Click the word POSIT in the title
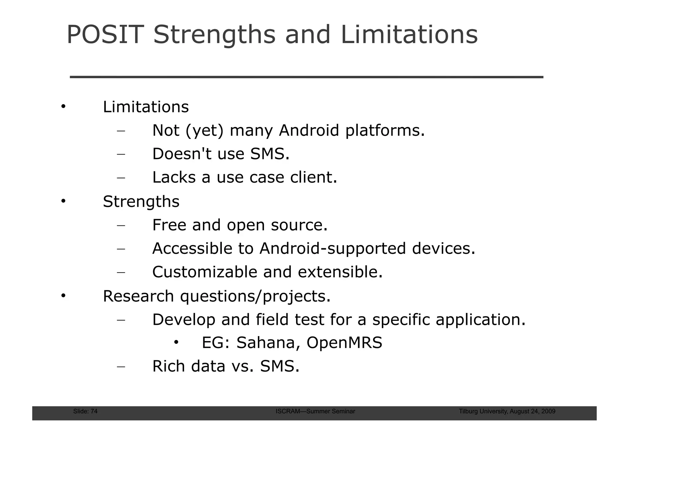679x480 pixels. (105, 35)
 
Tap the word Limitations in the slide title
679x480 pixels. (409, 35)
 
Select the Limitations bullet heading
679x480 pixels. (146, 107)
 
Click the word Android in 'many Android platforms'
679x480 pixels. (309, 130)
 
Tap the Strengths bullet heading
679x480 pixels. (141, 202)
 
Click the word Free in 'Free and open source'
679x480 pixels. (169, 225)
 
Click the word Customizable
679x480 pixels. (205, 272)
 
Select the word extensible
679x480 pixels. (340, 272)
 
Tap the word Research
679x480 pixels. (138, 296)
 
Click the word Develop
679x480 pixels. (184, 320)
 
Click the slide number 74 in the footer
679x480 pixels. (94, 411)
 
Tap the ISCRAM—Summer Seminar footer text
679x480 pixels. (315, 411)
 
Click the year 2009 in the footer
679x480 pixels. (549, 411)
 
